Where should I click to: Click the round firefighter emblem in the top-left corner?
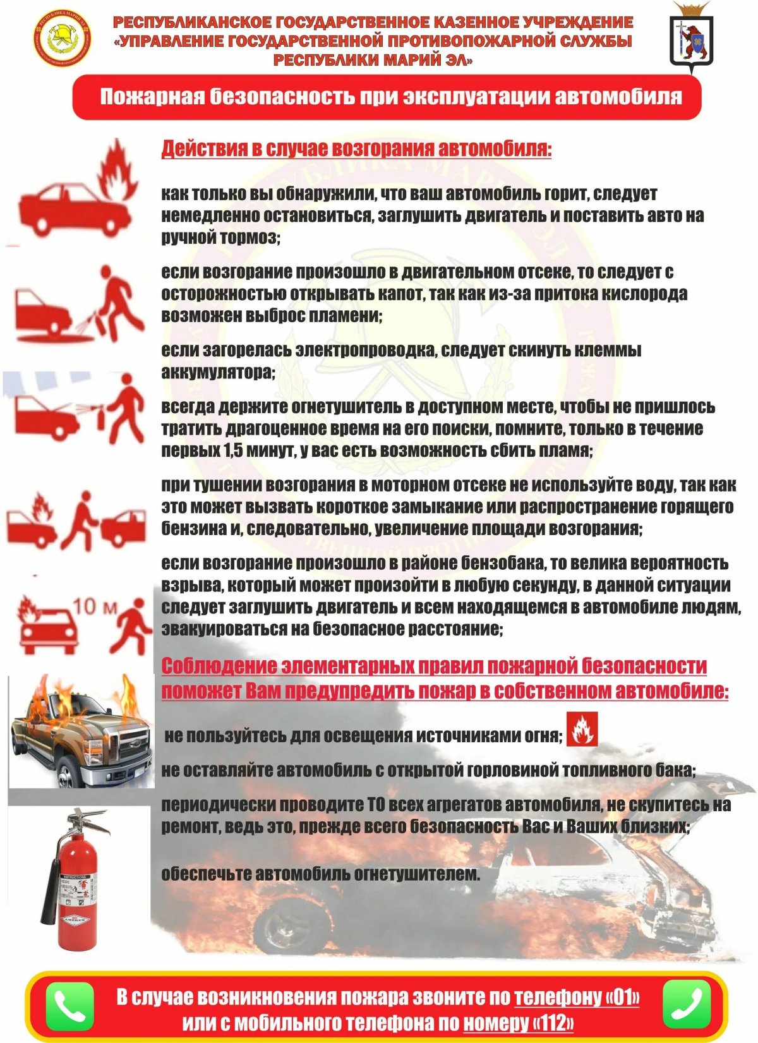[x=61, y=37]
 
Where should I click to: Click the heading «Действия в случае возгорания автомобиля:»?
[x=356, y=149]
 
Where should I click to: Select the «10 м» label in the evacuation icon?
[x=95, y=607]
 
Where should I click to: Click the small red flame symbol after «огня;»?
[x=581, y=730]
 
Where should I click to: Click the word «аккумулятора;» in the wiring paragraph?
[x=218, y=373]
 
